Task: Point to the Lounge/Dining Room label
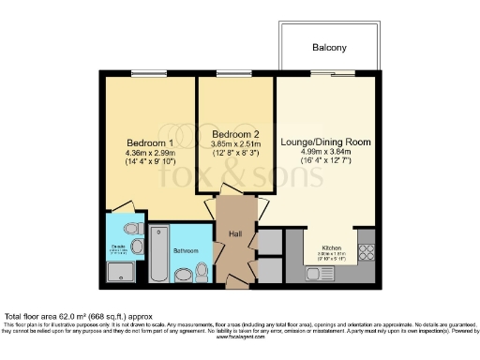coord(326,142)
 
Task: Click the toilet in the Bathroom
coord(200,272)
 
